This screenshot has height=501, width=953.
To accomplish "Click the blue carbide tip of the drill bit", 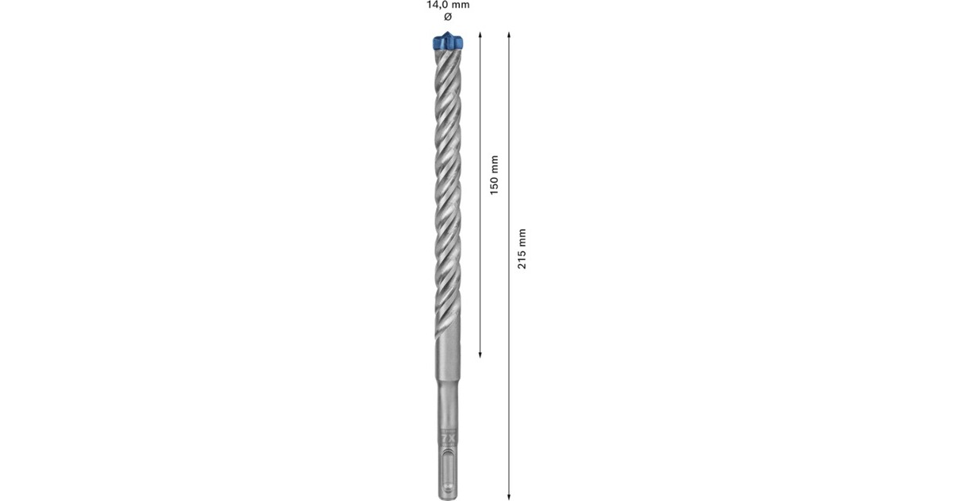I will click(447, 44).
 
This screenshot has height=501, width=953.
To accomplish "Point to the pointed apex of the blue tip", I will click(448, 33).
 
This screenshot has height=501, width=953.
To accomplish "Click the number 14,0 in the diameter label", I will click(435, 4).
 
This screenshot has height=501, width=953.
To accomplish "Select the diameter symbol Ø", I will click(447, 17).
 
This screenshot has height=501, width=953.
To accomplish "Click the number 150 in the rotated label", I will click(493, 184).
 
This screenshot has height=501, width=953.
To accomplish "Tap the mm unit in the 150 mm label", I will click(493, 163).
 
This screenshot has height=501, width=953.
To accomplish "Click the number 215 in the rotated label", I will click(522, 258).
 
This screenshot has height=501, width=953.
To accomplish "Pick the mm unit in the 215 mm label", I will click(522, 237).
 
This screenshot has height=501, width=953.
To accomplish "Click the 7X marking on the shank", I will click(447, 437).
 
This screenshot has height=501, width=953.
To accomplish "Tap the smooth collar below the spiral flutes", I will click(447, 362).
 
